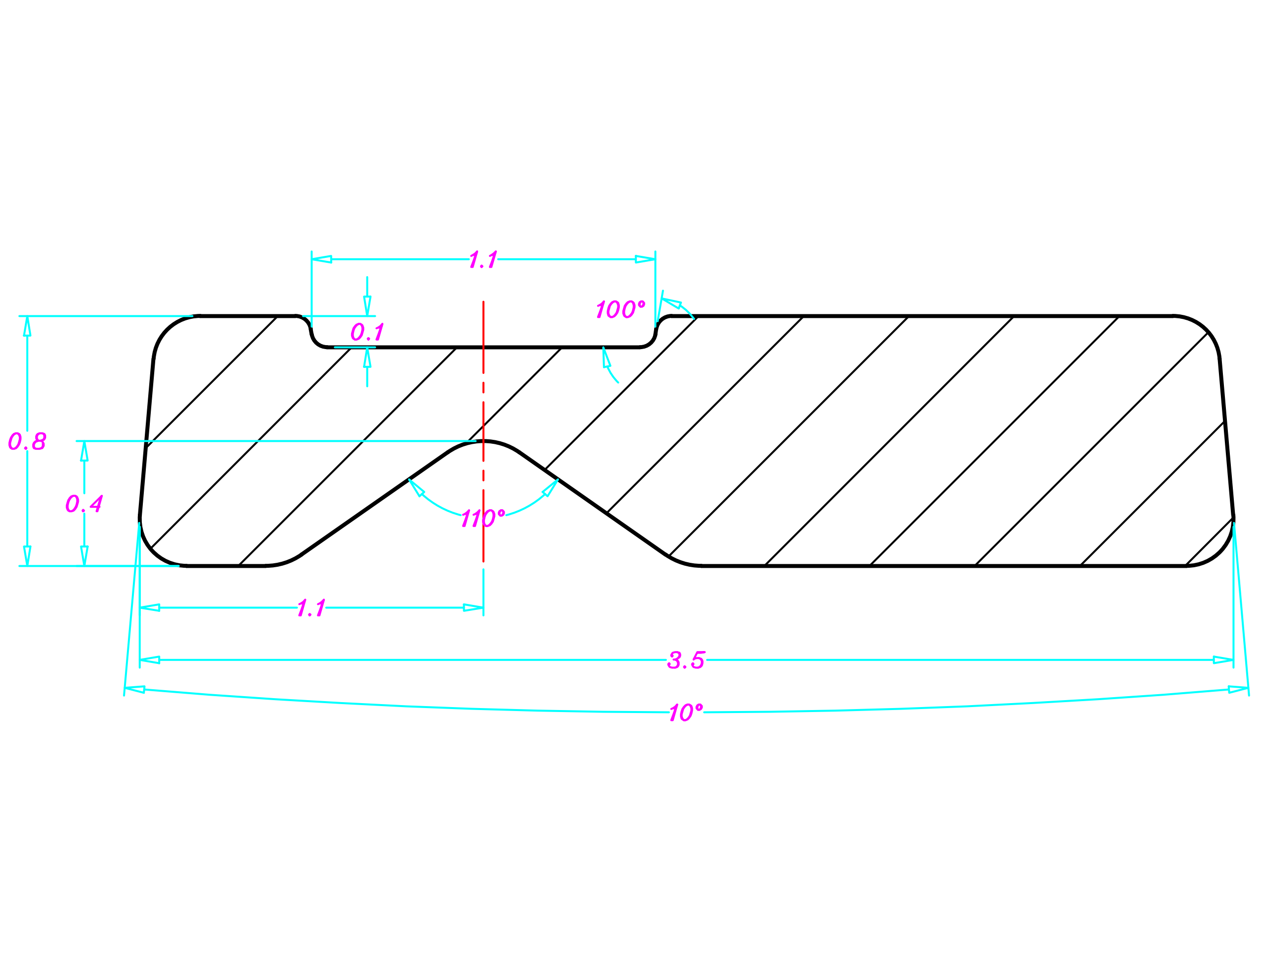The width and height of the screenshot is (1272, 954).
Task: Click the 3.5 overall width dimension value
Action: point(685,659)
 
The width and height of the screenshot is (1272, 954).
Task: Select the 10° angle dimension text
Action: point(685,713)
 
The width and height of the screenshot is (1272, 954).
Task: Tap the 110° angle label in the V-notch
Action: point(483,518)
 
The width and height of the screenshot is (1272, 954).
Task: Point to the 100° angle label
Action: point(620,309)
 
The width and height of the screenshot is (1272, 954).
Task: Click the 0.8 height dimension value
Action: point(27,441)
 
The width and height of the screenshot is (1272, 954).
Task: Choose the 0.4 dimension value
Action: point(84,504)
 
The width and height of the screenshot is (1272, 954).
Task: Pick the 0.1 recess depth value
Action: point(367,332)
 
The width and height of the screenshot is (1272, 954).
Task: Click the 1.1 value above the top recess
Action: point(483,259)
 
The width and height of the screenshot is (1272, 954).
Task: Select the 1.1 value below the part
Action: point(311,608)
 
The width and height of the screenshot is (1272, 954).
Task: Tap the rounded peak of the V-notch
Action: point(483,442)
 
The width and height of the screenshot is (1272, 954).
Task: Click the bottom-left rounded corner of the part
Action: point(154,551)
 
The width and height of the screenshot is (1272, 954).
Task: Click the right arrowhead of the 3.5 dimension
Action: point(1224,659)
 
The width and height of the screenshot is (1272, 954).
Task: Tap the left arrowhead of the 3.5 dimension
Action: point(149,659)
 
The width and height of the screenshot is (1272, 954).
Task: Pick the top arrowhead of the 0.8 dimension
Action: point(27,326)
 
